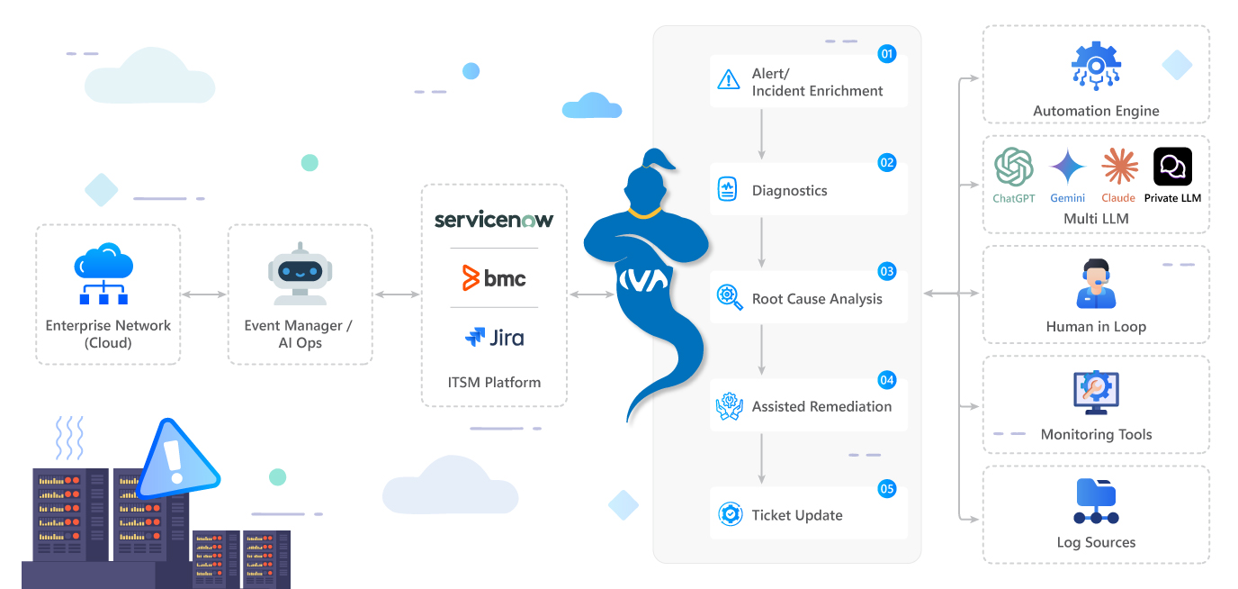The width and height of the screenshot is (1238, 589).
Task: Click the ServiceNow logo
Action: pos(494,220)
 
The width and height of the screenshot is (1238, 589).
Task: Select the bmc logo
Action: pos(494,278)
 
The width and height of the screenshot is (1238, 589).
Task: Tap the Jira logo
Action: pos(494,338)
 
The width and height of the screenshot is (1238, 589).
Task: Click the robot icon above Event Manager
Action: pos(299,274)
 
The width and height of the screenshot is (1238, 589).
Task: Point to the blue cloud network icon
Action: pos(104,273)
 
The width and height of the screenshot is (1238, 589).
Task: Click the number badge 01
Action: pos(887,54)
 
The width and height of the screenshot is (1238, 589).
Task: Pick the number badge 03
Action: pos(887,271)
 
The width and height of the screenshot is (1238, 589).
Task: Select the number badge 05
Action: pos(887,489)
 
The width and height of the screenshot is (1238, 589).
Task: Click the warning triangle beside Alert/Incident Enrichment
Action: pos(729,81)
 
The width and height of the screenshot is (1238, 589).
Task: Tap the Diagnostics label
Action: pos(789,191)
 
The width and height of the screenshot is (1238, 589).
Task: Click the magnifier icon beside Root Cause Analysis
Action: pos(729,297)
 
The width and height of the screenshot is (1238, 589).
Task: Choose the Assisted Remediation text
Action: pos(821,407)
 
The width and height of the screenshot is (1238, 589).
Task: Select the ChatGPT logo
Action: pos(1013,168)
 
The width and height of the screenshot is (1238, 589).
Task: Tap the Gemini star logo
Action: pos(1067,168)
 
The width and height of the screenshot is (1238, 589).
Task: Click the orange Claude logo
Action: pos(1119,168)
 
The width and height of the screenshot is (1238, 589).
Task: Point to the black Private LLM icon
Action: pos(1172,167)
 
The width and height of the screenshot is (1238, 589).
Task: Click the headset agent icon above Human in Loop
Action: pos(1096,284)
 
